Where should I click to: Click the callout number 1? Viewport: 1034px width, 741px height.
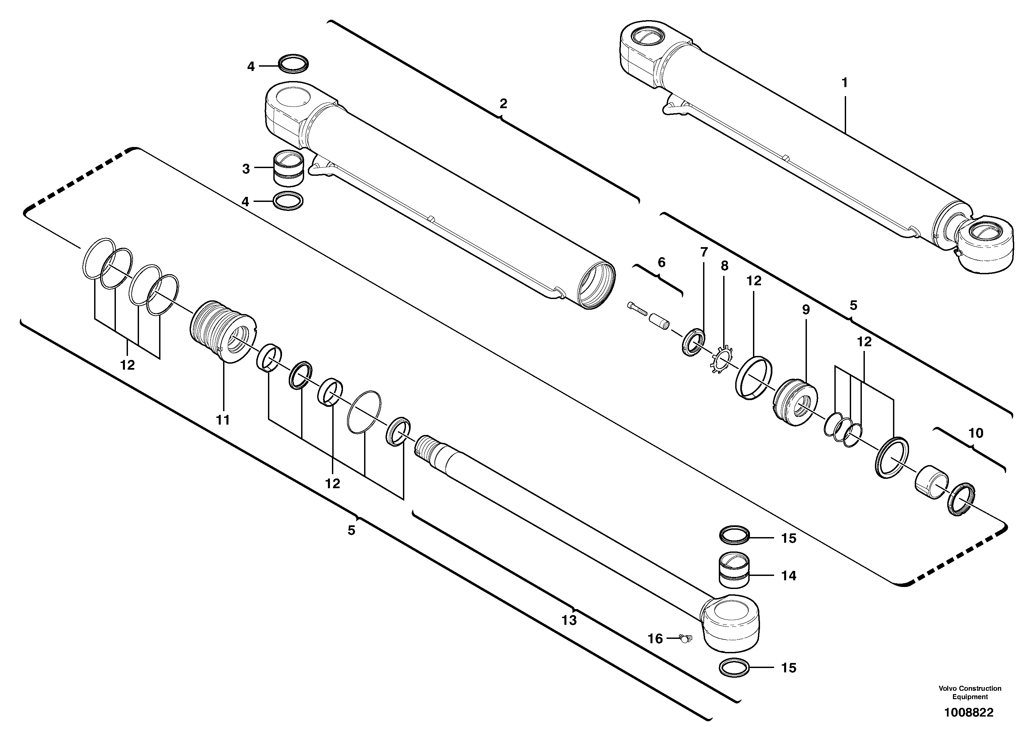tap(844, 83)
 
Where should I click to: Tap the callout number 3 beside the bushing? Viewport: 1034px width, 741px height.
tap(246, 169)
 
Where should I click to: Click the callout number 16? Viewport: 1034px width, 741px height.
tap(655, 639)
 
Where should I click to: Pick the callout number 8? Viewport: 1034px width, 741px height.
tap(725, 266)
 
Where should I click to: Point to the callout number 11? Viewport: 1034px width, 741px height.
tap(223, 420)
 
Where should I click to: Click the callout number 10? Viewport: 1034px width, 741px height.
tap(976, 433)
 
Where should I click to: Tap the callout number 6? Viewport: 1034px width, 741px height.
tap(662, 263)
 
